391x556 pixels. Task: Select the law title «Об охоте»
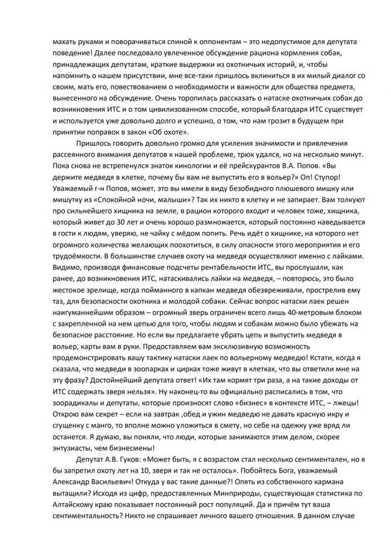171,131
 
